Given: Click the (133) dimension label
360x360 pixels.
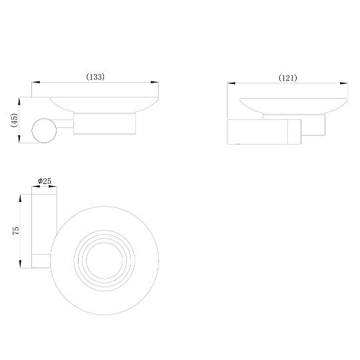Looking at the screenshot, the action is coord(95,77).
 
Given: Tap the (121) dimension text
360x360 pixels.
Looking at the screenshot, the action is coord(288,78).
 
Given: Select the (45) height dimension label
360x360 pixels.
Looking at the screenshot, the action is coord(14,120).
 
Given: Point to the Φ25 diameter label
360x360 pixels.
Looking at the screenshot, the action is coord(45,181).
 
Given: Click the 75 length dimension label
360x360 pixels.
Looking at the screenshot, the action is coord(16,231).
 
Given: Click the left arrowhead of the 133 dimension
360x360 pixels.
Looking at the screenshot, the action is coord(35,82).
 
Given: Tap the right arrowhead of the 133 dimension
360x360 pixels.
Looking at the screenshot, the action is coord(155,82).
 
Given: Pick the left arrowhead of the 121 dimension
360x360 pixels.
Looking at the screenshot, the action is coord(231,83).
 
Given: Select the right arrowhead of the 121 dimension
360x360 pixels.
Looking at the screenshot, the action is coord(344,83).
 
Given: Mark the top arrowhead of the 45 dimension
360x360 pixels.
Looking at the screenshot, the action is coord(19,101).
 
